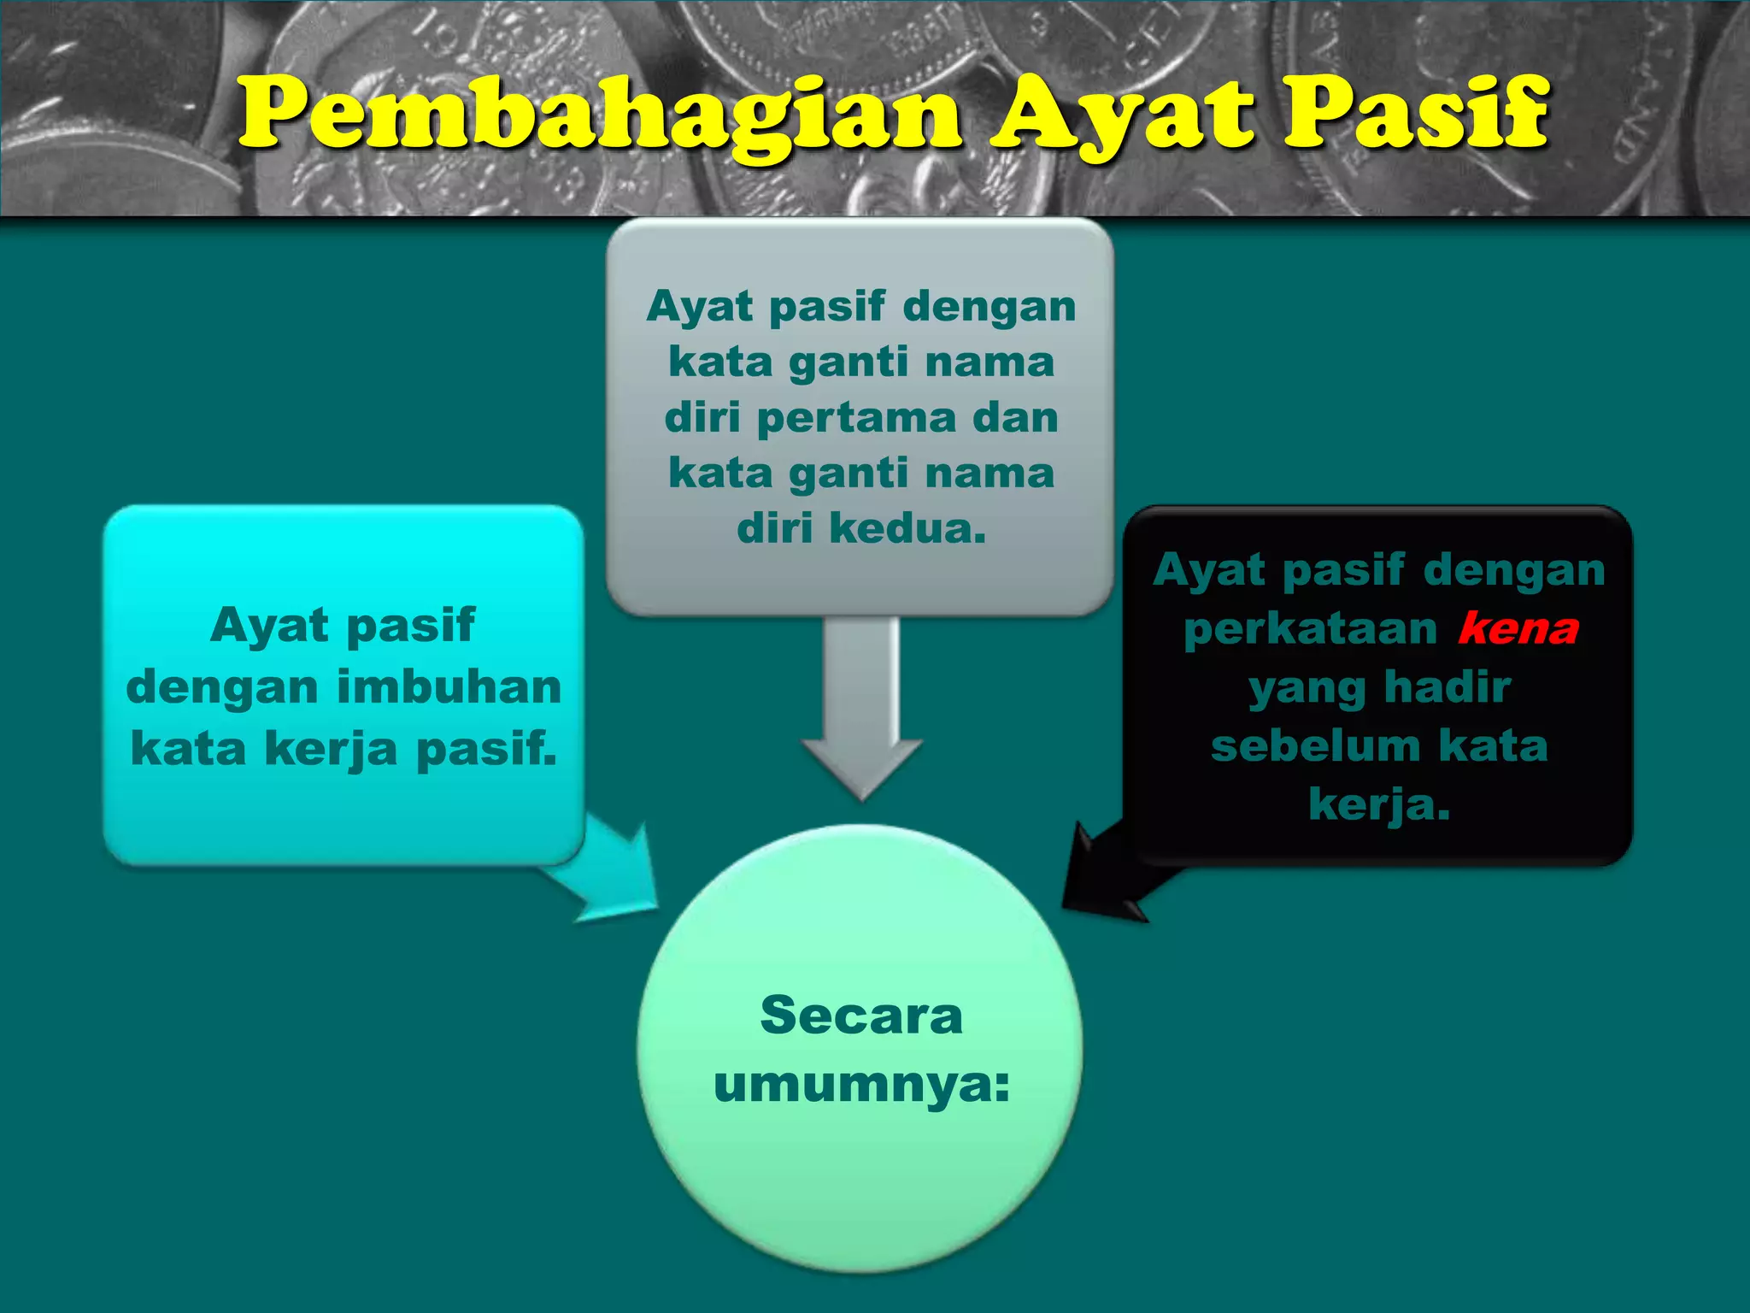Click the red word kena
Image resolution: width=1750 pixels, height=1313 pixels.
(1518, 629)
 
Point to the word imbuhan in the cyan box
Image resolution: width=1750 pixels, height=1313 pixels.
(449, 686)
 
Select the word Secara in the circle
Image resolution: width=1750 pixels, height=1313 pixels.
(861, 1016)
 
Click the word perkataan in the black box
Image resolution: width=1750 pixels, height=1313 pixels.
(1311, 629)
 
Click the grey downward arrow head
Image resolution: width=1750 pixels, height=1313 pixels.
(862, 765)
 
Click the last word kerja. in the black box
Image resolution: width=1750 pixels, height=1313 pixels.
(1379, 804)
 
